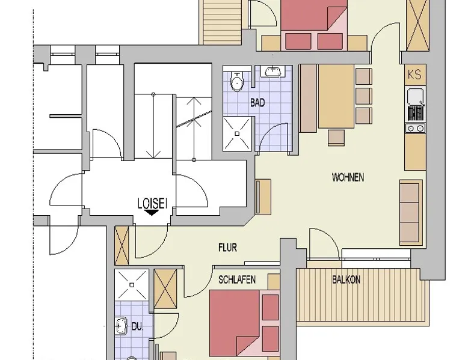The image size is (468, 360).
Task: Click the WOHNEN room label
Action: point(348,177)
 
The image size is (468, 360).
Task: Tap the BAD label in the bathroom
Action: point(257,103)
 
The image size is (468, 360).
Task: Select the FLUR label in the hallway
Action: point(228,248)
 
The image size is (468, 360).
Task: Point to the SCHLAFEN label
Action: point(237,280)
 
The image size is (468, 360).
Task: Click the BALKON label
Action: point(346,280)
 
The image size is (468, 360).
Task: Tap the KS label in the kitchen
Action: point(414,75)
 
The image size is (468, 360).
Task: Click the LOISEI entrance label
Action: point(152,203)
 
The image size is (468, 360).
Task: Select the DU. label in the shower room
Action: point(138,326)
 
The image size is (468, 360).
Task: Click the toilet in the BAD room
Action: point(237,81)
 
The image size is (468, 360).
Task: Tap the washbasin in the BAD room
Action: point(272,72)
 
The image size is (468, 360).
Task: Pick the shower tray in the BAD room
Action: point(237,133)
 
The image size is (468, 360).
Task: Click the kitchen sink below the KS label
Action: point(415,96)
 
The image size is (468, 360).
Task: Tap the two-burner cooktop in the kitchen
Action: point(416,128)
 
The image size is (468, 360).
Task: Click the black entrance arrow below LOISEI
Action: point(152,212)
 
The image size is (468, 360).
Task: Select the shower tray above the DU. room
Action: point(132,285)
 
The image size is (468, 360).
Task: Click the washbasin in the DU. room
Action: point(121,326)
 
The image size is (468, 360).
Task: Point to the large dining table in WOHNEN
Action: point(336,96)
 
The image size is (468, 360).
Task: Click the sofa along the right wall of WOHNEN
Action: point(411,212)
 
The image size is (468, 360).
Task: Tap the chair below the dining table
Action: point(336,138)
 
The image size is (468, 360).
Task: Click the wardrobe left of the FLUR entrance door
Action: point(122,245)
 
